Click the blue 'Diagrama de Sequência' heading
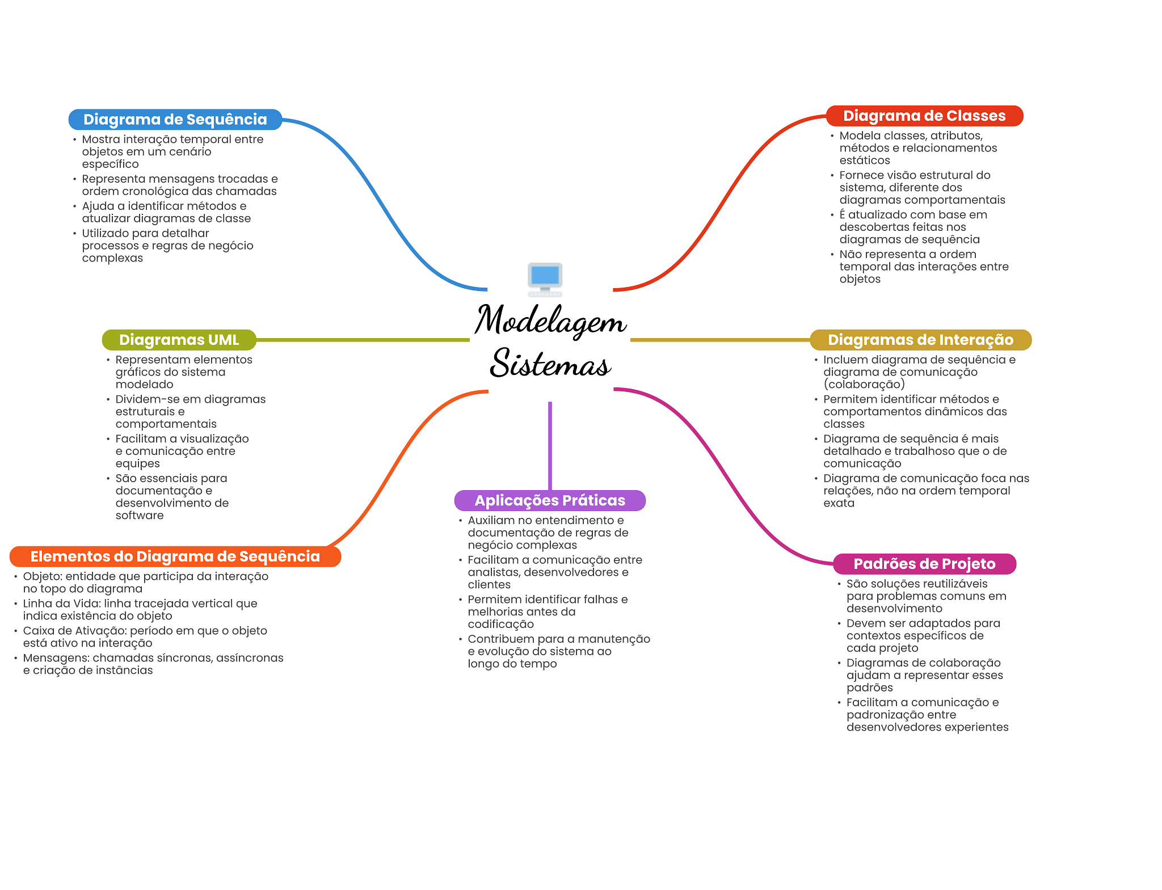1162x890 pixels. [175, 120]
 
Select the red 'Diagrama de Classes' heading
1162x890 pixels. [924, 116]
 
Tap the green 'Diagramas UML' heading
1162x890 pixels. [179, 340]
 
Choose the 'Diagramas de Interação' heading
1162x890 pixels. [920, 340]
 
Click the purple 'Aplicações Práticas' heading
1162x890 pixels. [550, 500]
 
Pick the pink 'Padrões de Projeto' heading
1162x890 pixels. [924, 564]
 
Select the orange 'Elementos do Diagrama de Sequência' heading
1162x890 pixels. [175, 556]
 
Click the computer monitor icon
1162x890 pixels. [545, 279]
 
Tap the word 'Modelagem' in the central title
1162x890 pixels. [550, 320]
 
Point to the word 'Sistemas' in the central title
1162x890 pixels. [550, 363]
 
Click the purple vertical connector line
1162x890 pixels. [550, 446]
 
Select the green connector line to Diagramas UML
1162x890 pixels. [363, 340]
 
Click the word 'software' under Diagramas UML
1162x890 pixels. [140, 516]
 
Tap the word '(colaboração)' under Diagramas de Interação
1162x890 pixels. [864, 385]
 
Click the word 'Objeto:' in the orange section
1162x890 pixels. [43, 577]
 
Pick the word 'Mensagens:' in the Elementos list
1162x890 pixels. [56, 659]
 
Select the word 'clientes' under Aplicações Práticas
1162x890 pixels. [489, 585]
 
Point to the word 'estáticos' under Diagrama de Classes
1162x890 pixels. [865, 161]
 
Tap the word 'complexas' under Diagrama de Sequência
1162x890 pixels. [112, 259]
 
